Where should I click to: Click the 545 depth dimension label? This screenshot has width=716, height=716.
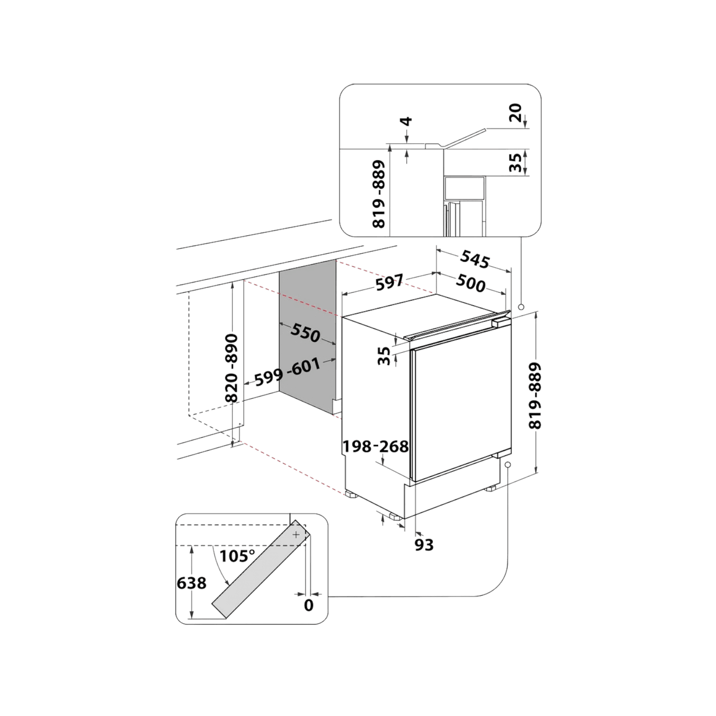pyautogui.click(x=475, y=259)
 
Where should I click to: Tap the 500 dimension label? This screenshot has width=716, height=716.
pyautogui.click(x=470, y=283)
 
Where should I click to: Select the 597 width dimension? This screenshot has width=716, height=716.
pyautogui.click(x=389, y=282)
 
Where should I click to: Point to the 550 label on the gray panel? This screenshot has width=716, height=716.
pyautogui.click(x=305, y=332)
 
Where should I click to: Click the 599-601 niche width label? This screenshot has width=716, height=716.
pyautogui.click(x=287, y=372)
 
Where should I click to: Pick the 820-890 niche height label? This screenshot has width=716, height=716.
pyautogui.click(x=231, y=368)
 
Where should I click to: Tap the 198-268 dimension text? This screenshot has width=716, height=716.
pyautogui.click(x=375, y=446)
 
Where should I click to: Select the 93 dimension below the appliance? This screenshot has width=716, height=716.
pyautogui.click(x=424, y=545)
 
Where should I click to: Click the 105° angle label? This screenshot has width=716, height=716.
pyautogui.click(x=237, y=556)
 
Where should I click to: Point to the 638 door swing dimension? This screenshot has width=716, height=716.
pyautogui.click(x=191, y=583)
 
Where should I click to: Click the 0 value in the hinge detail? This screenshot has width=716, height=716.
pyautogui.click(x=308, y=606)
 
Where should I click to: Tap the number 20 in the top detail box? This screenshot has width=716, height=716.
pyautogui.click(x=515, y=112)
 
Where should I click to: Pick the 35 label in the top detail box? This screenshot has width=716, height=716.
pyautogui.click(x=515, y=163)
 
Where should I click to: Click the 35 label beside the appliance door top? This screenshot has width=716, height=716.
pyautogui.click(x=384, y=356)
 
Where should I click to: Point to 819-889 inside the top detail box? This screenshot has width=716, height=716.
pyautogui.click(x=379, y=194)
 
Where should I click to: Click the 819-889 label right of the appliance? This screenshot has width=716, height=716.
pyautogui.click(x=535, y=396)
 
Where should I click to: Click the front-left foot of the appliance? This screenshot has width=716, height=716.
pyautogui.click(x=351, y=495)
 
